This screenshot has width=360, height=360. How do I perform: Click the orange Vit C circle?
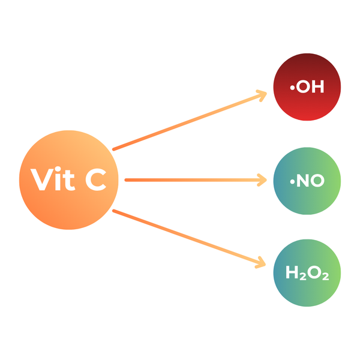[x=68, y=180]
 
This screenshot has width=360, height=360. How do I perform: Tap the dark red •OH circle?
[x=307, y=87]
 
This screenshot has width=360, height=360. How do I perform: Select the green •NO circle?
[x=307, y=181]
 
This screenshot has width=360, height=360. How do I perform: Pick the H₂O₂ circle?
[x=307, y=273]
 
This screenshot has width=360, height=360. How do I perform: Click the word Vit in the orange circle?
[x=53, y=178]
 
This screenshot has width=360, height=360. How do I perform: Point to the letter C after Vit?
[x=96, y=179]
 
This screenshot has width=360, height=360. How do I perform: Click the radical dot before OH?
[x=292, y=88]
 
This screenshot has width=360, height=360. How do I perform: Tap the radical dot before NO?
[x=292, y=182]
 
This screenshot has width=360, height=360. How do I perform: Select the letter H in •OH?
[x=318, y=86]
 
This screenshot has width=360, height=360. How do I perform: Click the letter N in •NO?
[x=302, y=181]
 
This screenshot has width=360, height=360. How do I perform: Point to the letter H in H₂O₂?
[x=292, y=272]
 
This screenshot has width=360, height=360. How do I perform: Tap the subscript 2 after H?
[x=303, y=277]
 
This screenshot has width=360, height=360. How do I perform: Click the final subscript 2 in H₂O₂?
[x=326, y=277]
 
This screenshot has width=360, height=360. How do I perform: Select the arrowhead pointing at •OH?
[x=262, y=95]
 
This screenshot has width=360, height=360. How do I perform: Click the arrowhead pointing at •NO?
[x=262, y=180]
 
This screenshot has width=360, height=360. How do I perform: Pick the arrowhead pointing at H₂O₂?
[x=260, y=263]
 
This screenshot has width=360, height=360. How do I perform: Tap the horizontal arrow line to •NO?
[x=196, y=180]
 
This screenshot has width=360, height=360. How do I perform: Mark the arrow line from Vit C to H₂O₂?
[x=189, y=238]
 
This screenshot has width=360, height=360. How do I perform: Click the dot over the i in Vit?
[x=58, y=169]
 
